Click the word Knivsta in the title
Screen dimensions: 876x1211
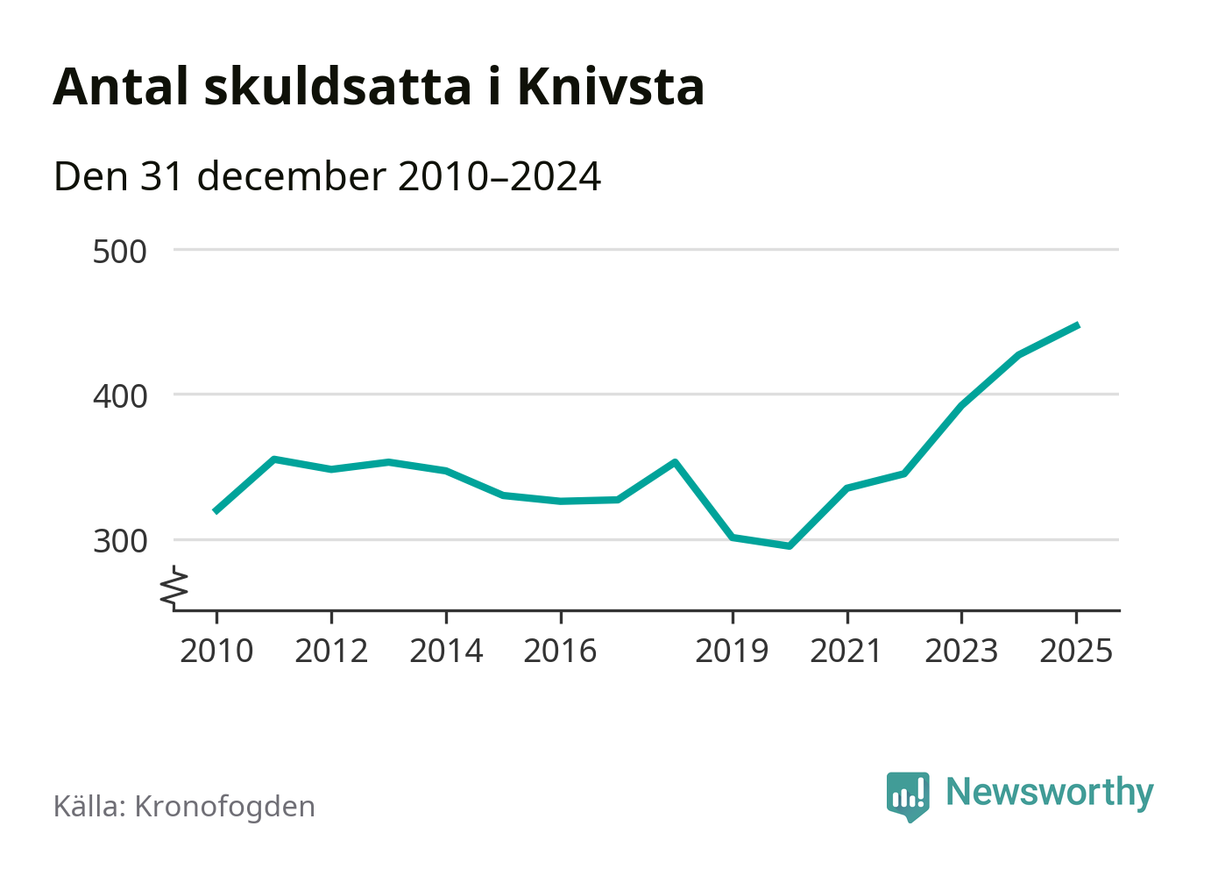pos(611,87)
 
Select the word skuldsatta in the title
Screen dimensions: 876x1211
pos(337,87)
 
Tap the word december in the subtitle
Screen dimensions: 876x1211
pos(291,176)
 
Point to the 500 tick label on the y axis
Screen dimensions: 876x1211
pos(120,252)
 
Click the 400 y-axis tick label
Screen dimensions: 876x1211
pos(120,396)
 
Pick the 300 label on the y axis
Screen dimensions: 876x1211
pos(120,541)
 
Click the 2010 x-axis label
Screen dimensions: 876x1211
pos(216,652)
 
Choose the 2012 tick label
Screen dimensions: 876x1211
pos(331,652)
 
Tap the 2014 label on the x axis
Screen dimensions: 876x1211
pos(446,652)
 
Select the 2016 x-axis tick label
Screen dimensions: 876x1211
pos(560,652)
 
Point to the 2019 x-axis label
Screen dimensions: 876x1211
pos(732,652)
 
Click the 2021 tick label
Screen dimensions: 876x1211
pos(846,652)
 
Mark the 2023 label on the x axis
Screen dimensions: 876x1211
pos(961,652)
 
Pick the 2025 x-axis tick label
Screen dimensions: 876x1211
pos(1076,652)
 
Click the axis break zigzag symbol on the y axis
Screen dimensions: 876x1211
pos(175,588)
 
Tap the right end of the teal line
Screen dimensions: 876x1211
pos(1077,325)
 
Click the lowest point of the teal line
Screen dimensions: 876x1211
pos(790,546)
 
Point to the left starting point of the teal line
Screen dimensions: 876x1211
pos(216,511)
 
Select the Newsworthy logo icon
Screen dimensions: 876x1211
pos(907,796)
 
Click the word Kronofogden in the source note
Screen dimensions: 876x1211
pos(224,807)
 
